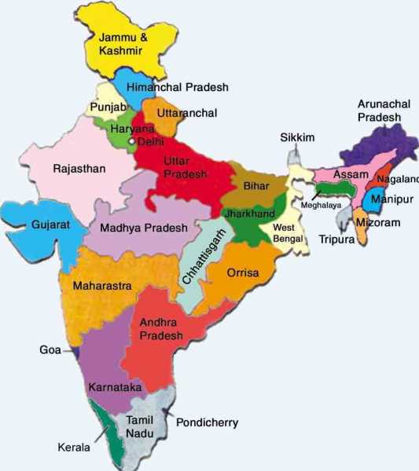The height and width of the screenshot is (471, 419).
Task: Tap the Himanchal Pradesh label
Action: (x=178, y=88)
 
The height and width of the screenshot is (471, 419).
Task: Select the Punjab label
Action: (x=106, y=107)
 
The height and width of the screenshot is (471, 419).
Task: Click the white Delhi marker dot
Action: (x=133, y=142)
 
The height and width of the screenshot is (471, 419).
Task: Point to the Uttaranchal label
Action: (x=187, y=113)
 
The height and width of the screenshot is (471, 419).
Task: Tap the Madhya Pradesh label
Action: (x=144, y=228)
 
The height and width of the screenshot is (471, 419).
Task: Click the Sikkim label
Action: (x=298, y=137)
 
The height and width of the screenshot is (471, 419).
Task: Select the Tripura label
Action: (x=337, y=239)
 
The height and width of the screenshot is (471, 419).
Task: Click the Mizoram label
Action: (x=378, y=223)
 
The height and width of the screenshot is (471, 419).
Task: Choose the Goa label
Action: (x=50, y=349)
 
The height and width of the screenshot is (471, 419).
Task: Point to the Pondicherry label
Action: (x=207, y=422)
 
